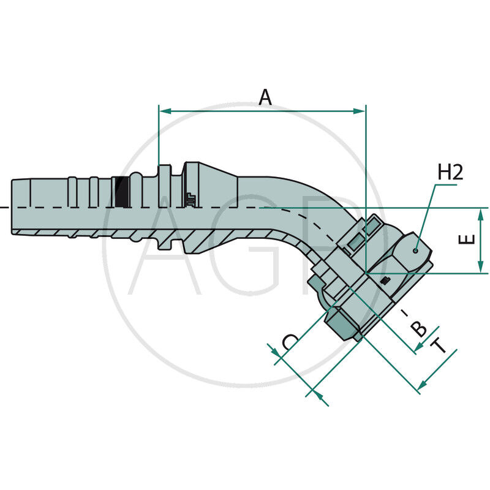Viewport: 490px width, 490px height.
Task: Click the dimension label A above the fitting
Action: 265,97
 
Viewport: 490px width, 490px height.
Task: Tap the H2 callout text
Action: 450,172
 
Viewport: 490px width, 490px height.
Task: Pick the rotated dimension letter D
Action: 290,342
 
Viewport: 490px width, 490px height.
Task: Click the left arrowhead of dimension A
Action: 165,111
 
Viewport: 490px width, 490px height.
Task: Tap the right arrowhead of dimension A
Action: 360,111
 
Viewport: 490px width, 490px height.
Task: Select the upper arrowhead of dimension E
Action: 481,215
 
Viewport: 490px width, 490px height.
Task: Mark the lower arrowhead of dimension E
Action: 481,266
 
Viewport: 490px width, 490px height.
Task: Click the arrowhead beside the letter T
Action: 423,384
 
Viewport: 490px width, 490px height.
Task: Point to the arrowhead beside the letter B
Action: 419,347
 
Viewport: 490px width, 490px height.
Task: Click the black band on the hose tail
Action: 121,192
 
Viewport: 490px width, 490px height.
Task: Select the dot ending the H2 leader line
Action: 415,251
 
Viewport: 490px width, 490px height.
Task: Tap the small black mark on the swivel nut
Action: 386,281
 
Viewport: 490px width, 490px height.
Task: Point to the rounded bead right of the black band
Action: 136,190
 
